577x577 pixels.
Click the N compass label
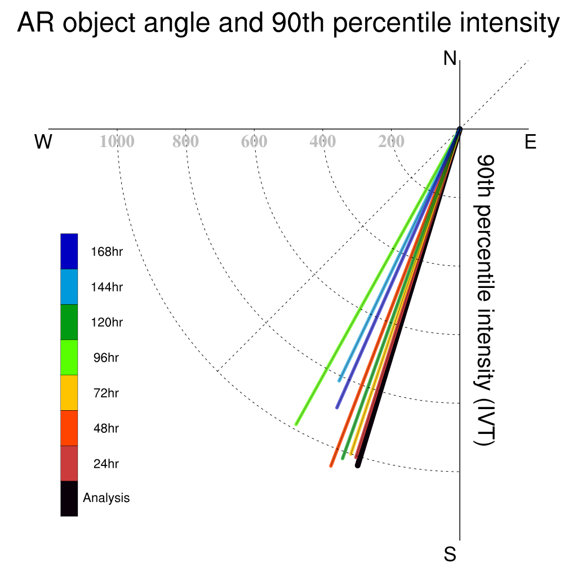[x=450, y=59]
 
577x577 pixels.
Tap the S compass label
[x=450, y=554]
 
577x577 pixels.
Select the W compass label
[x=43, y=141]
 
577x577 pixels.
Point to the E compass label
[x=530, y=141]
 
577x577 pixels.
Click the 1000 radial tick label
[x=117, y=141]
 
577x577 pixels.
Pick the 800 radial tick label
[x=185, y=141]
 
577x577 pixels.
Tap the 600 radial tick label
[x=254, y=141]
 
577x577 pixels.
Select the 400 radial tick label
[x=323, y=141]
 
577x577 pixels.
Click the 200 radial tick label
[x=391, y=141]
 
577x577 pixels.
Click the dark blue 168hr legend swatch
[x=69, y=251]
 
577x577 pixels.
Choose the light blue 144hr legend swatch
[x=69, y=287]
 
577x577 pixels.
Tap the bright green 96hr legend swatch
[x=69, y=357]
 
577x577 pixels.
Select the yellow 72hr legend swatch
[x=69, y=393]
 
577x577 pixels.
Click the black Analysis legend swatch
[x=69, y=499]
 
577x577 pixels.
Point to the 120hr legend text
[x=106, y=322]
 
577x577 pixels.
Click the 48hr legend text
[x=106, y=428]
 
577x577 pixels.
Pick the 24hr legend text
[x=106, y=464]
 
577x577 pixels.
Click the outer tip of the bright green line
[x=296, y=424]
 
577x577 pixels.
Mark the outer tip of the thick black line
[x=358, y=466]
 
